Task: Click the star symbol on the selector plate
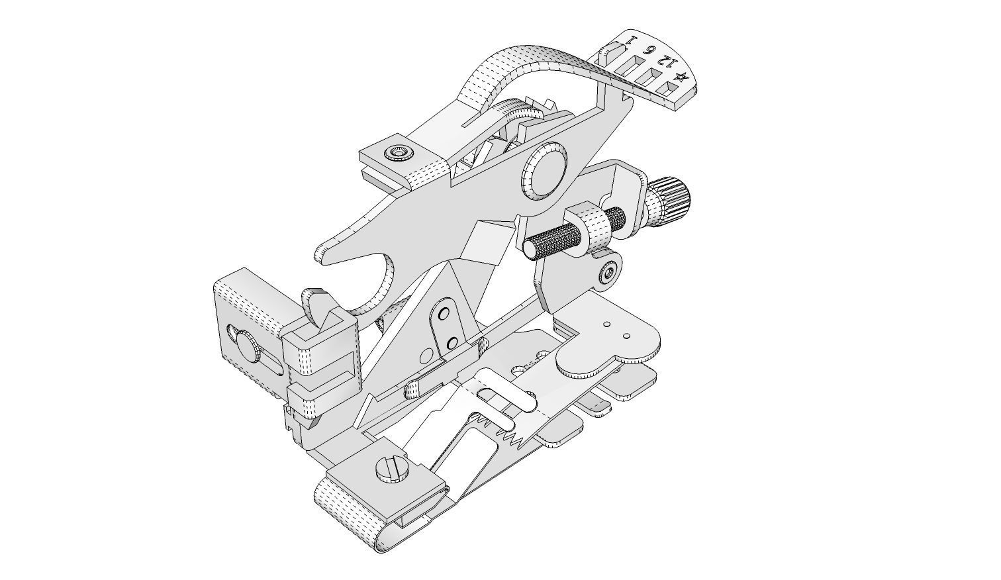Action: click(x=681, y=77)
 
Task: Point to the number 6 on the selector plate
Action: click(x=651, y=50)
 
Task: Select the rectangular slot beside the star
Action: click(x=664, y=84)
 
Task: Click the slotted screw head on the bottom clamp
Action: click(x=389, y=471)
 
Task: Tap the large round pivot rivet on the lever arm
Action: click(x=546, y=170)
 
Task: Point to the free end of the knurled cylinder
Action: click(x=530, y=248)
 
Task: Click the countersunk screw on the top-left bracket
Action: click(x=400, y=154)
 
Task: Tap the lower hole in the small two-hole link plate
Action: click(x=452, y=342)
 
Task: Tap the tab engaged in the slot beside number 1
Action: click(x=614, y=50)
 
